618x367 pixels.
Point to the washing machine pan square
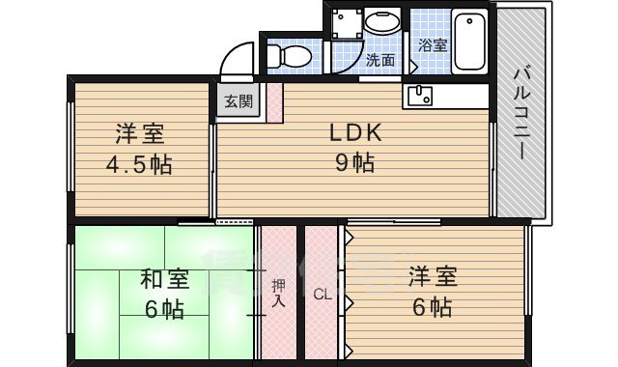pyautogui.click(x=344, y=23)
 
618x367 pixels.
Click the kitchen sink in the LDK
pyautogui.click(x=420, y=95)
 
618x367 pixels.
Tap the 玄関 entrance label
pyautogui.click(x=239, y=100)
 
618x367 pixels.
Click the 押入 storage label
pyautogui.click(x=278, y=292)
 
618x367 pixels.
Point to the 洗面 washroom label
pyautogui.click(x=379, y=60)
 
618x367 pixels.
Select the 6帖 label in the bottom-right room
pyautogui.click(x=428, y=307)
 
